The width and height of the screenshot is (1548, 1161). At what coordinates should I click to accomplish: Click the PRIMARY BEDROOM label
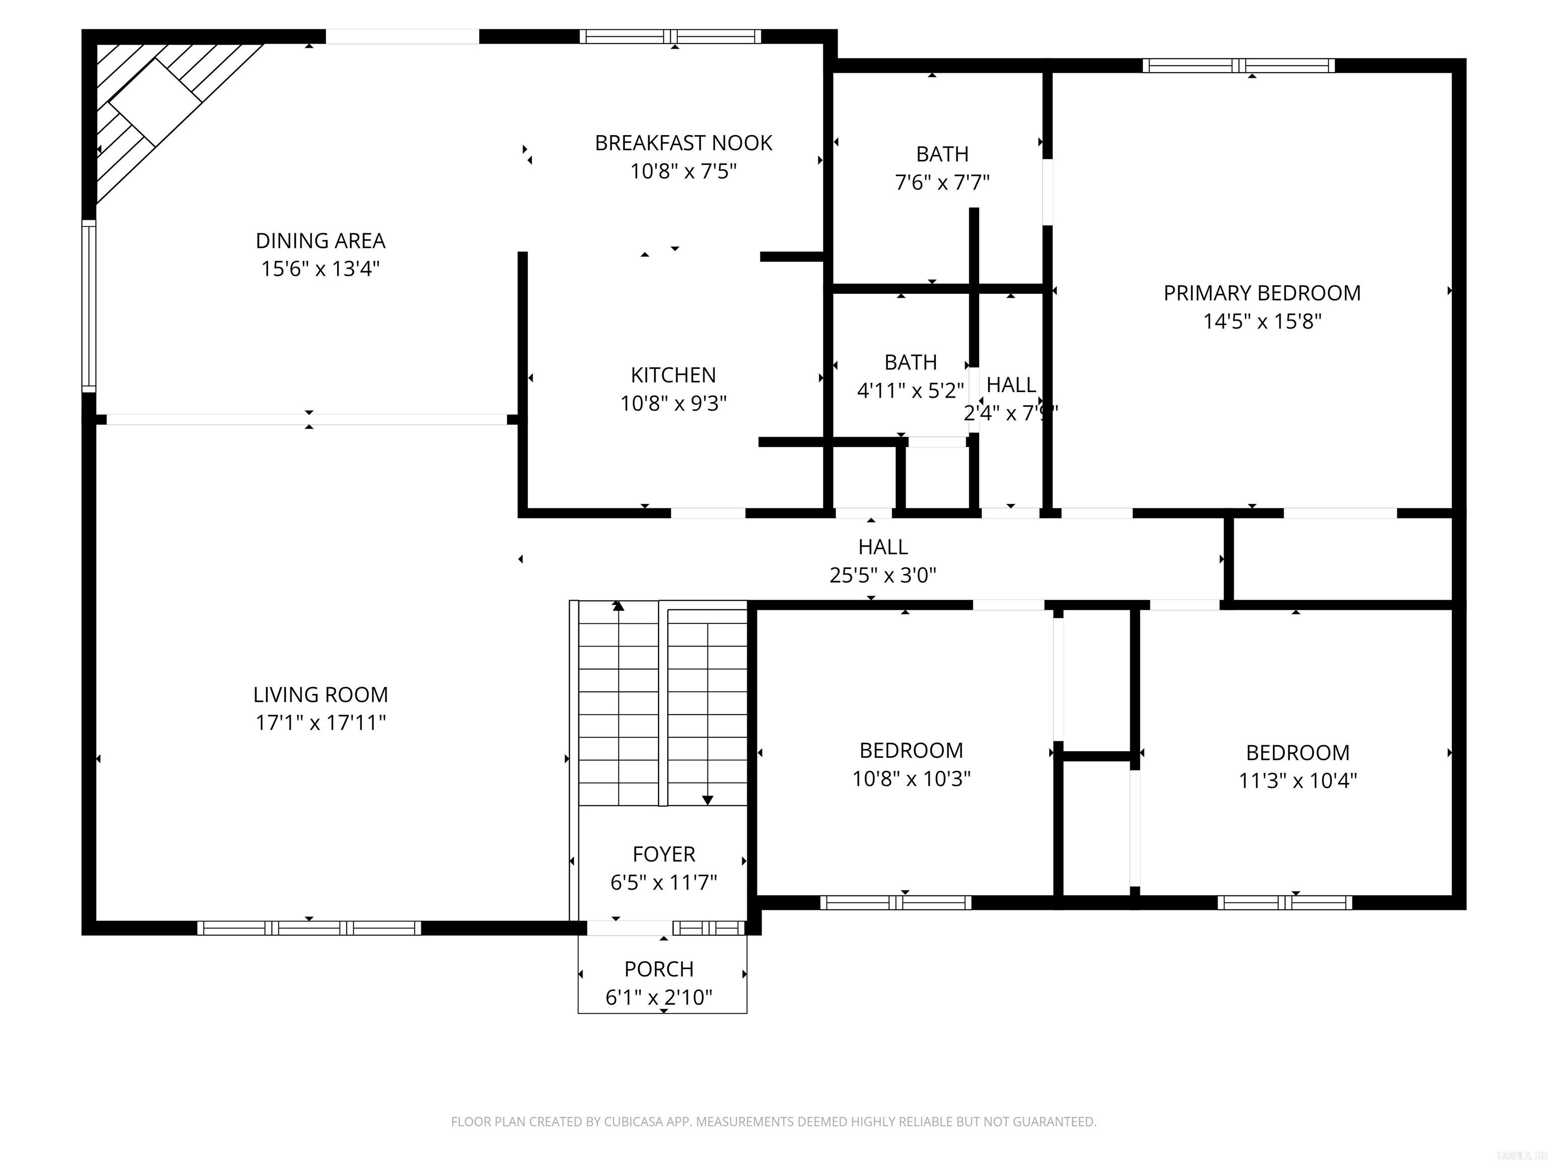(x=1262, y=293)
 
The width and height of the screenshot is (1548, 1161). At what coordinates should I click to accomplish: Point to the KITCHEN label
(x=673, y=375)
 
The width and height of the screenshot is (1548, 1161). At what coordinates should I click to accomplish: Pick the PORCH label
(x=659, y=969)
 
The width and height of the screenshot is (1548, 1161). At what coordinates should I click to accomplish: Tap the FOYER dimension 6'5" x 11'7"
(x=664, y=882)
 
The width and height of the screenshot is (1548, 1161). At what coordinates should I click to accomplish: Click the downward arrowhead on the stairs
(x=707, y=800)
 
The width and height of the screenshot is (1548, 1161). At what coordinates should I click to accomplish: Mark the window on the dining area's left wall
(x=89, y=306)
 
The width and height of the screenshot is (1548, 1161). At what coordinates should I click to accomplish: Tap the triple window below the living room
(x=308, y=928)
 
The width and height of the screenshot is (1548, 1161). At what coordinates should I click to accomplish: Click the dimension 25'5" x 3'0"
(x=882, y=575)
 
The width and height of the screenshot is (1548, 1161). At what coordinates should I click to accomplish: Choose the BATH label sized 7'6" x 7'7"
(x=942, y=154)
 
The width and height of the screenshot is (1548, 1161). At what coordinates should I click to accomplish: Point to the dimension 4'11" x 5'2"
(x=910, y=391)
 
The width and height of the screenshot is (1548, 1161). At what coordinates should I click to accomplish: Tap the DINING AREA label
(x=320, y=241)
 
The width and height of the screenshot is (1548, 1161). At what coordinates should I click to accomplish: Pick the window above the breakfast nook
(x=670, y=36)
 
